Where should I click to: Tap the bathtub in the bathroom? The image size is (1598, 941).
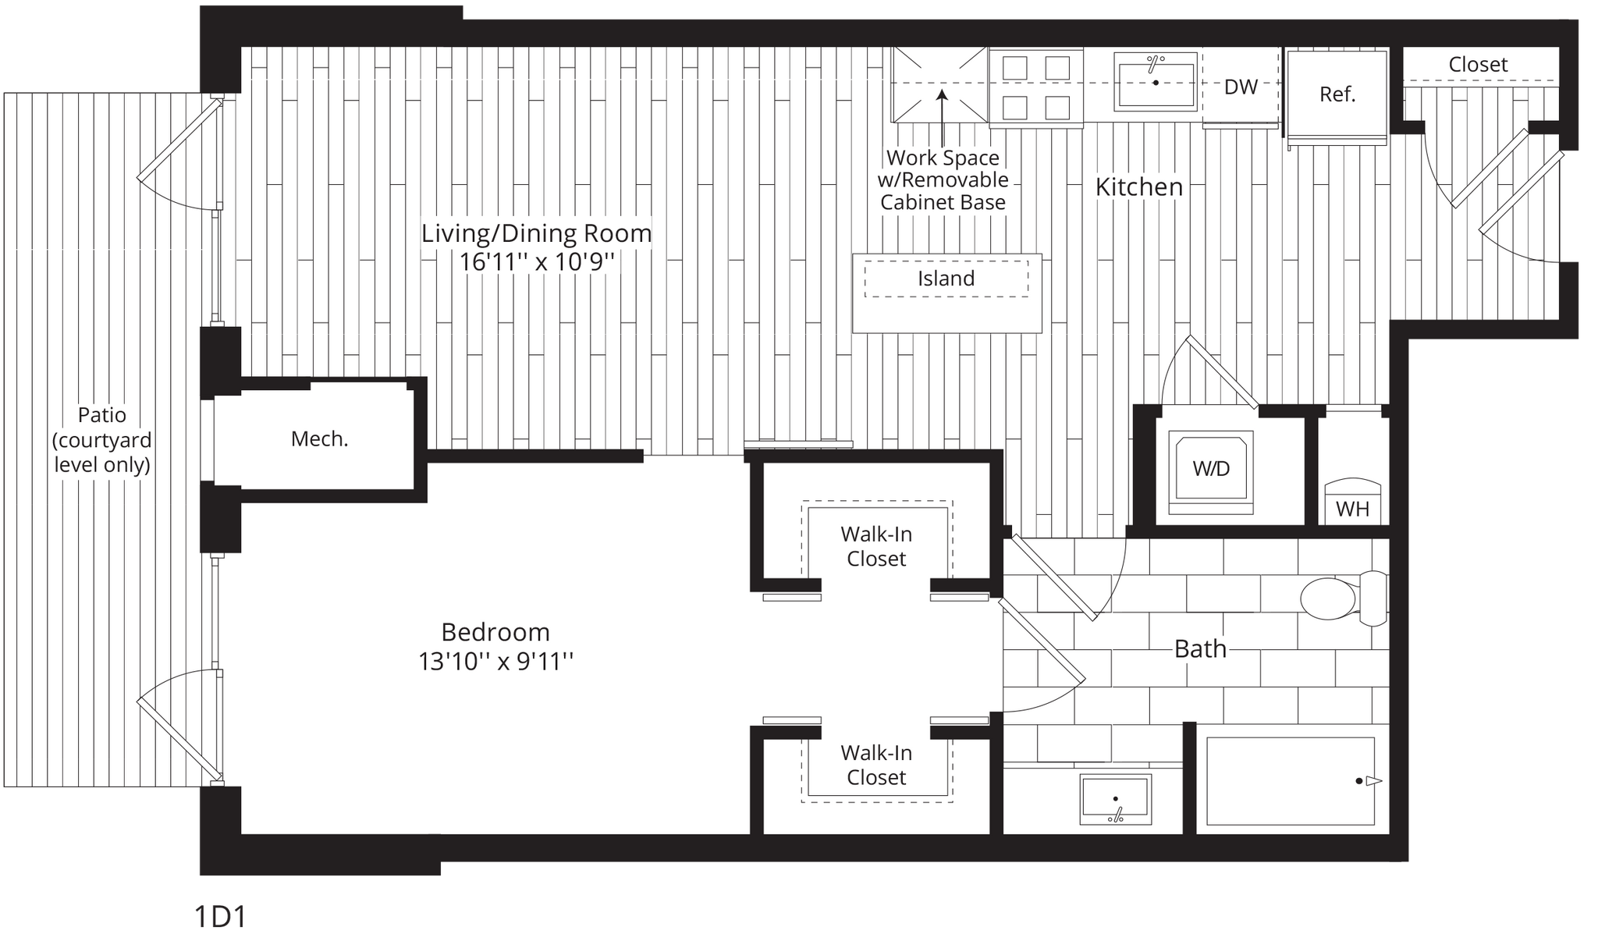[x=1291, y=781]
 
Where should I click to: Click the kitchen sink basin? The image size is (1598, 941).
[x=1156, y=81]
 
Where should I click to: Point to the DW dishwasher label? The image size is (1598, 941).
[x=1241, y=87]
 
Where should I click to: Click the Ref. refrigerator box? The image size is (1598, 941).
[x=1337, y=94]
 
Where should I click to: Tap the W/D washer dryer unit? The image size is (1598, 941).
[x=1211, y=469]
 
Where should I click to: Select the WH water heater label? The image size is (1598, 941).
[x=1352, y=510]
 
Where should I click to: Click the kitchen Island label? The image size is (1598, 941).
[x=946, y=279]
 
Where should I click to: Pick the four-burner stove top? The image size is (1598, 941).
[x=1035, y=87]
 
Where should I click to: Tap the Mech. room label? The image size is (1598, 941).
[x=319, y=439]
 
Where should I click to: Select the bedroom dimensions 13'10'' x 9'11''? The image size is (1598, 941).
[x=495, y=662]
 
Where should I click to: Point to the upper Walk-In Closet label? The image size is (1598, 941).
[x=876, y=546]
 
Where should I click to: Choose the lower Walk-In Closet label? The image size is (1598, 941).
[x=876, y=765]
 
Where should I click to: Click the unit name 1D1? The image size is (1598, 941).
[x=219, y=918]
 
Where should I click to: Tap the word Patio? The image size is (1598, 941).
[x=101, y=415]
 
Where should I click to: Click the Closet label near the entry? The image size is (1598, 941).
[x=1478, y=65]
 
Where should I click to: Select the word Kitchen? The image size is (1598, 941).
[x=1139, y=187]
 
